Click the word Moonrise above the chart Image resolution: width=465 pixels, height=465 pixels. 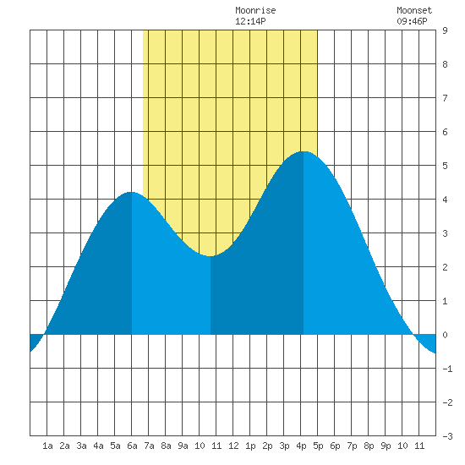tap(255, 10)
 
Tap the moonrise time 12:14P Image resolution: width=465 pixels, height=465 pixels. tap(250, 21)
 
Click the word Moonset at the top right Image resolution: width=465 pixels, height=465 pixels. tap(414, 10)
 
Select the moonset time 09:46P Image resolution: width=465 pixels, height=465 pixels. tap(412, 21)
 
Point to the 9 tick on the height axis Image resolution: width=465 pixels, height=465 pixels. tap(445, 30)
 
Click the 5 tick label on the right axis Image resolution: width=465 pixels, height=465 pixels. tap(445, 166)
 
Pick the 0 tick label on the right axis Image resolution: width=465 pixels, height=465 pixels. tap(445, 335)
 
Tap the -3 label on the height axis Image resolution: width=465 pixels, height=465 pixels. tap(447, 436)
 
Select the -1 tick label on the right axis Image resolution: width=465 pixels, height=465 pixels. tap(447, 369)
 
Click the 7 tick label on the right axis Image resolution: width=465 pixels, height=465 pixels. tap(445, 98)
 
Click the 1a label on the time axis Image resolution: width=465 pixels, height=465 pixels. tap(47, 446)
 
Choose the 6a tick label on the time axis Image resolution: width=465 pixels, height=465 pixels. tap(132, 446)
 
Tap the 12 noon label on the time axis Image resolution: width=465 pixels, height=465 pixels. tap(233, 446)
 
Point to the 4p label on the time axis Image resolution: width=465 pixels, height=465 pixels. tap(301, 446)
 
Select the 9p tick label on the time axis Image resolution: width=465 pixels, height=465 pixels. tap(386, 446)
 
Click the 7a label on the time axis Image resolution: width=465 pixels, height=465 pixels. tap(149, 446)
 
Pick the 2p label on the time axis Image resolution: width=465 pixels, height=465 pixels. tap(267, 446)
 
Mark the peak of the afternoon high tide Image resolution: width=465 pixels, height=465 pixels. tap(304, 151)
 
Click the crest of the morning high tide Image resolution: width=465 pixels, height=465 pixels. tap(131, 192)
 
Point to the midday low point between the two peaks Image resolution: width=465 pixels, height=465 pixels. tap(210, 256)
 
